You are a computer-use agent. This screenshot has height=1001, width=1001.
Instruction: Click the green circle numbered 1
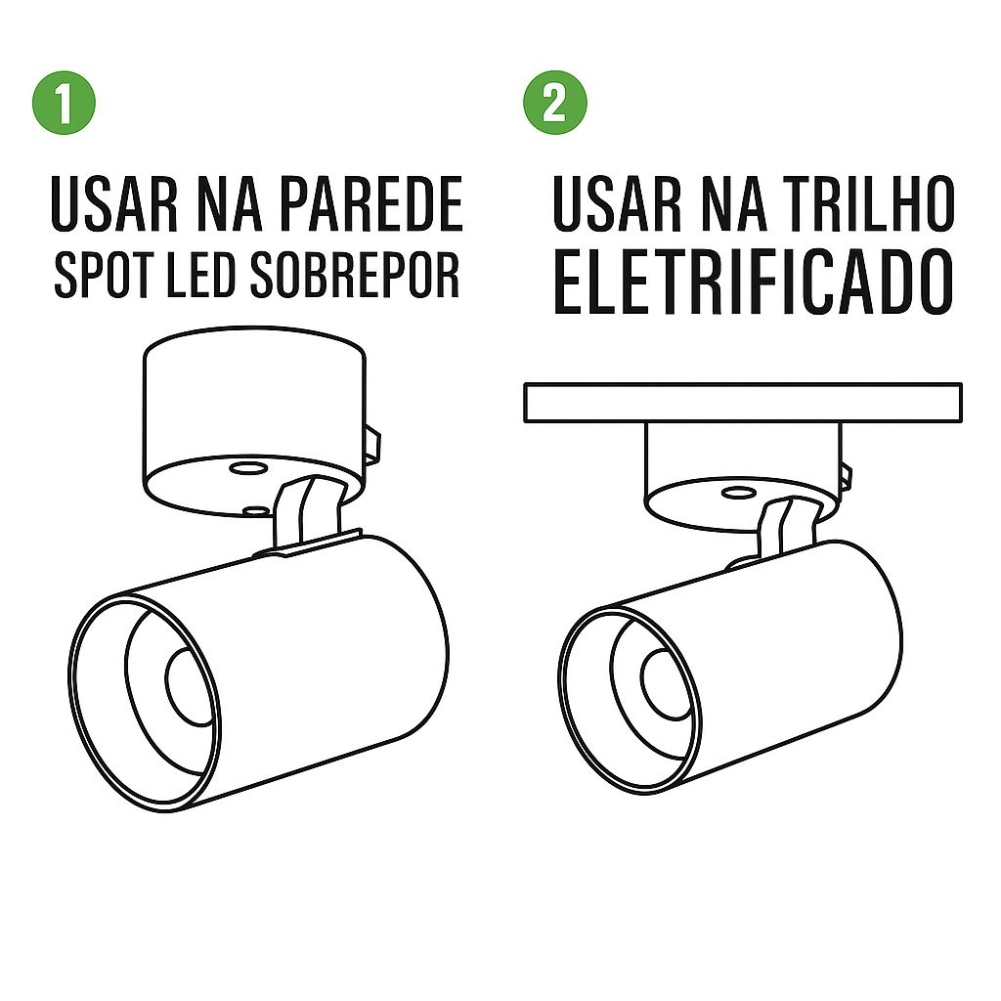coord(64,102)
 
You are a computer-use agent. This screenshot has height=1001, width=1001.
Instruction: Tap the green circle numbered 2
coord(555,102)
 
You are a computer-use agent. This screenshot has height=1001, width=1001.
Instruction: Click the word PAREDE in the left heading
coord(370,205)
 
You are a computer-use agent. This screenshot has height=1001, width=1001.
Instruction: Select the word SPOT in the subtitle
coord(104,275)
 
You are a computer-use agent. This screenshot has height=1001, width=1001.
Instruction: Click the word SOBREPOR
coord(354,275)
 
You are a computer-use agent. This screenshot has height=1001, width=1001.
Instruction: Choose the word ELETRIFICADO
coord(754,283)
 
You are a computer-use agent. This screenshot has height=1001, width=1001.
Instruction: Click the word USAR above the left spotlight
coord(113,205)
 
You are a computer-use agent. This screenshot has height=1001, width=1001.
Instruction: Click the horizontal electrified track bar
coord(743,403)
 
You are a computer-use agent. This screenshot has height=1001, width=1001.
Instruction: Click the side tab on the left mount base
coord(372,444)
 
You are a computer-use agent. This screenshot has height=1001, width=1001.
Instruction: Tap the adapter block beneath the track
coord(743,476)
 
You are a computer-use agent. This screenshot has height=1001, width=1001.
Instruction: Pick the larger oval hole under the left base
coord(248,469)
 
